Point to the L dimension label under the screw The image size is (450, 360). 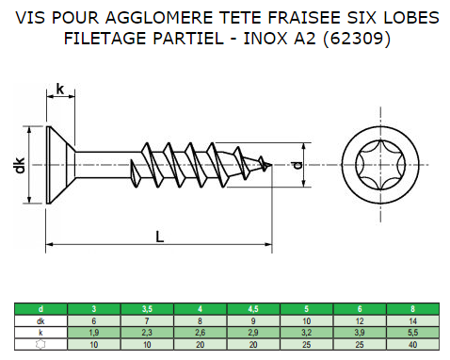[160, 237]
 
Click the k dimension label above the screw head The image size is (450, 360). [60, 90]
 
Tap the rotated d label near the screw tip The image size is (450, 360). [297, 167]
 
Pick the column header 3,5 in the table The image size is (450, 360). [147, 308]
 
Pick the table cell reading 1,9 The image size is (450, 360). [92, 333]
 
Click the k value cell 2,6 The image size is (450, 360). [201, 333]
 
